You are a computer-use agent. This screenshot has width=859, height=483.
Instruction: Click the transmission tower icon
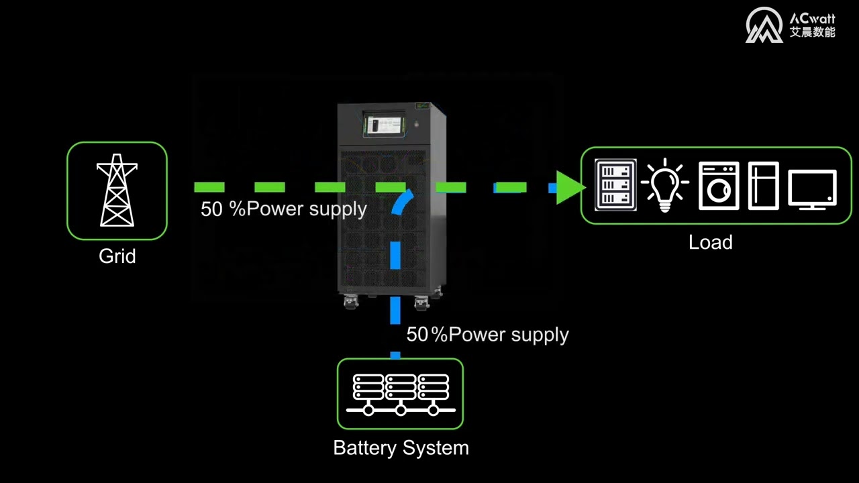(117, 191)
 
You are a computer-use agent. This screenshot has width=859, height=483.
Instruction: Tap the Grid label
(117, 256)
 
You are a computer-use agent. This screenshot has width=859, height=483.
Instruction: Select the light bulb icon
(664, 185)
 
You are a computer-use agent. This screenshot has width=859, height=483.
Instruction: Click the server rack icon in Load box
(616, 185)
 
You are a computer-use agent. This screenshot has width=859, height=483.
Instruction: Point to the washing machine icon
(718, 186)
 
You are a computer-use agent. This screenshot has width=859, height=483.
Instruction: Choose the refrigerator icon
(763, 186)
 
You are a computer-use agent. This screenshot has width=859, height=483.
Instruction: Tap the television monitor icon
(812, 189)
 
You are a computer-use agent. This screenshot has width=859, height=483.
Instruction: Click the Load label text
(710, 242)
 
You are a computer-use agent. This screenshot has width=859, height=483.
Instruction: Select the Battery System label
(401, 447)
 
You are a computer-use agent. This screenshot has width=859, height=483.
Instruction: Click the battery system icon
(400, 394)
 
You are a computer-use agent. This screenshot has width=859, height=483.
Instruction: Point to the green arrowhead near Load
(569, 187)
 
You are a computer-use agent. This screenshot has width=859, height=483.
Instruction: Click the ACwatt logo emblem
(764, 25)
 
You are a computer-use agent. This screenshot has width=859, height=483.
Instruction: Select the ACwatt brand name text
(812, 18)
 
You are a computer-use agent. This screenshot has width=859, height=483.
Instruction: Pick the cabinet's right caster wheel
(421, 303)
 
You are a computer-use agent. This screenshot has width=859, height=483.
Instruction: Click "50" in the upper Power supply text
(211, 209)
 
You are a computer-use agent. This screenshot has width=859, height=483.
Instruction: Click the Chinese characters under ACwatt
(812, 32)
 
